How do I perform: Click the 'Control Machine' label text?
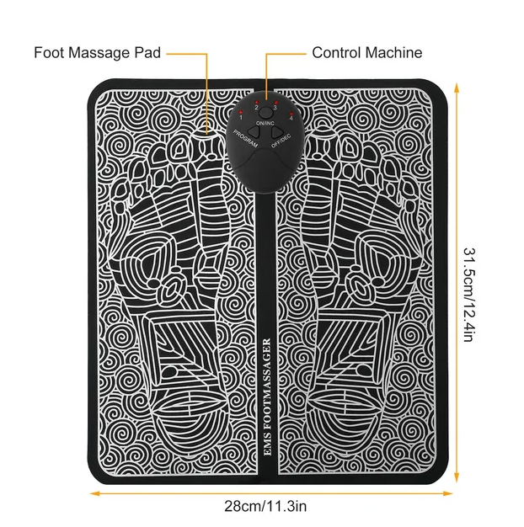pyautogui.click(x=366, y=52)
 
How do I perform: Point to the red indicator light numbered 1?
pyautogui.click(x=239, y=112)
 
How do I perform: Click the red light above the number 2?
pyautogui.click(x=255, y=101)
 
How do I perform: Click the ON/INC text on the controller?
pyautogui.click(x=264, y=124)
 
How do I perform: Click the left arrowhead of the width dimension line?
pyautogui.click(x=90, y=494)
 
